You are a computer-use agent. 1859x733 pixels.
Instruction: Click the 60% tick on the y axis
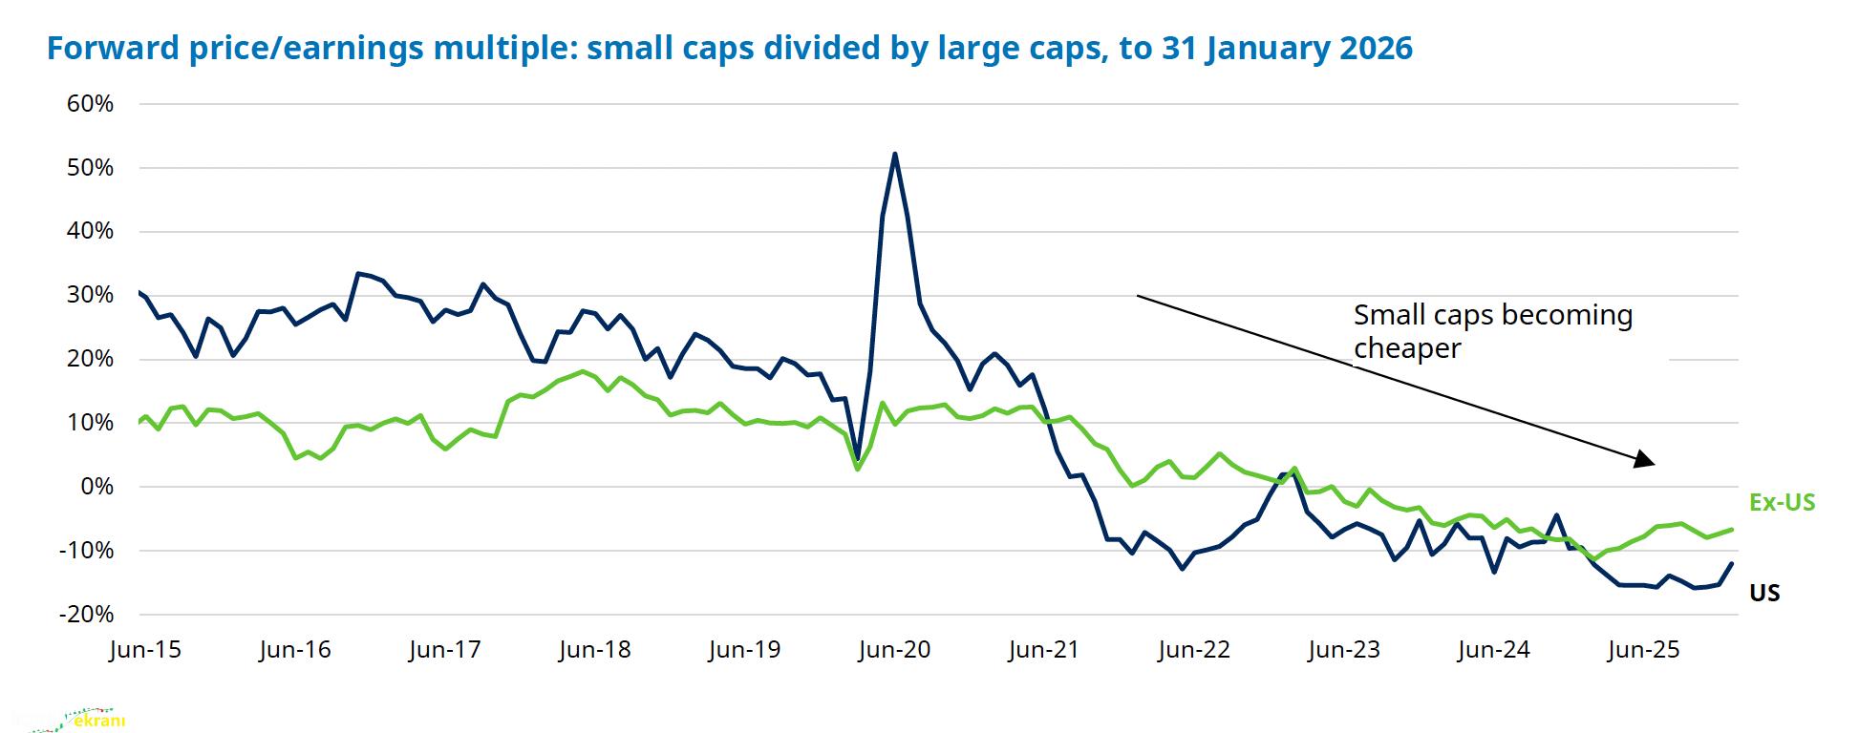pos(90,104)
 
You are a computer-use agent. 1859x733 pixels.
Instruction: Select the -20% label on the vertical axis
pos(86,615)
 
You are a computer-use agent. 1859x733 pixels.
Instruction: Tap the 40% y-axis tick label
pos(90,231)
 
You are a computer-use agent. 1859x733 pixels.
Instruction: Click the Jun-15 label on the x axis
pos(145,650)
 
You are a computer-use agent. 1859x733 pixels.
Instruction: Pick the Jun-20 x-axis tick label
pos(894,650)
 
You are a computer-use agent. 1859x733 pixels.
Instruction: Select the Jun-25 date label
pos(1643,650)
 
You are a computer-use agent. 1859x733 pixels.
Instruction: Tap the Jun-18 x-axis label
pos(595,650)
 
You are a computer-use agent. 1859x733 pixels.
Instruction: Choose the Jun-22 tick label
pos(1194,650)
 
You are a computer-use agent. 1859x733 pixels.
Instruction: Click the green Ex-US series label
pos(1782,503)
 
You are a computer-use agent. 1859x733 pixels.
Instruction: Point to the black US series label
pos(1764,594)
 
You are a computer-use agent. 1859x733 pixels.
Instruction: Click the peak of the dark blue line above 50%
pos(894,154)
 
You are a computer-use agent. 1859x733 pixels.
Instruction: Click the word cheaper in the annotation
pos(1407,348)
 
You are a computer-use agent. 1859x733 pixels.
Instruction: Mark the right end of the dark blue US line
pos(1732,563)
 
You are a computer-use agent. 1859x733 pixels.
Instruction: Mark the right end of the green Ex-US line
pos(1732,530)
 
